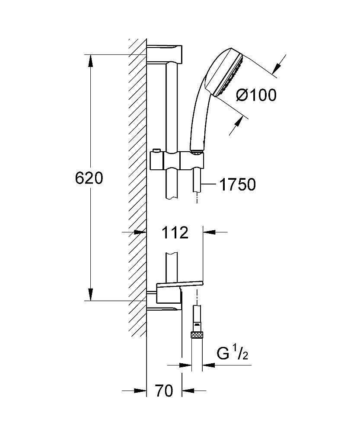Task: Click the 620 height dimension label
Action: [89, 178]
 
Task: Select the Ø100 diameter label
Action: [256, 95]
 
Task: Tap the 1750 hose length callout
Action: [238, 184]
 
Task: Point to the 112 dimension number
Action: [175, 233]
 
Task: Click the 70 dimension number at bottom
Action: [164, 391]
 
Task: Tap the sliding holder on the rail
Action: [178, 160]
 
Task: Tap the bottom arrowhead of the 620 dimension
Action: [90, 295]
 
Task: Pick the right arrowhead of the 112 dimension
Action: [209, 232]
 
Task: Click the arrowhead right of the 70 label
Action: [188, 390]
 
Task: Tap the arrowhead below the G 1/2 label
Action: [208, 365]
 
